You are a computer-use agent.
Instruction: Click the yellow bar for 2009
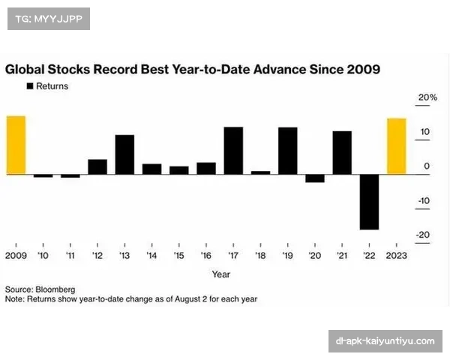[x=16, y=145]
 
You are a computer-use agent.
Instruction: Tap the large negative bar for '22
[x=369, y=202]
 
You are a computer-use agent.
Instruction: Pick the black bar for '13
[x=124, y=154]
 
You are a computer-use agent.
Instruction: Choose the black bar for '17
[x=233, y=151]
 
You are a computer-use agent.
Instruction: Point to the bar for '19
[x=288, y=151]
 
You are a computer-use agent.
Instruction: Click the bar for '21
[x=342, y=153]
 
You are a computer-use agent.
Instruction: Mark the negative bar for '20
[x=315, y=178]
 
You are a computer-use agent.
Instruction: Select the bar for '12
[x=97, y=166]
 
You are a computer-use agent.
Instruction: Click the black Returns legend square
[x=30, y=86]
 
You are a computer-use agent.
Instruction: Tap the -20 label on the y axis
[x=424, y=235]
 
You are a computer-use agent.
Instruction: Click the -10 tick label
[x=424, y=200]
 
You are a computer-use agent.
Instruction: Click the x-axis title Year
[x=220, y=274]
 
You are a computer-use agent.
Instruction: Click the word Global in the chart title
[x=26, y=70]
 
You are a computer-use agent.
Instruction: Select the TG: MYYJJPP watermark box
[x=48, y=18]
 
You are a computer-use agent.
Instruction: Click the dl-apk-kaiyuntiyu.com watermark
[x=384, y=341]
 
